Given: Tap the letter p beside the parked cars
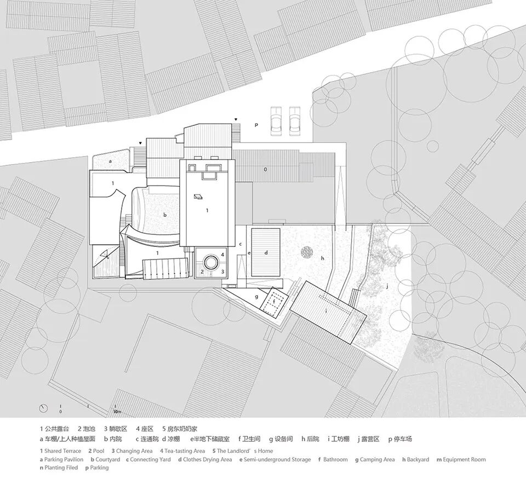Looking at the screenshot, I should click(x=255, y=125).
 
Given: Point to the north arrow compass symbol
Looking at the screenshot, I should click(x=42, y=408).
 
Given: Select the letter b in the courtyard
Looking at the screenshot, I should click(x=164, y=216).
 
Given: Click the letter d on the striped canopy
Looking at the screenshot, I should click(x=266, y=253).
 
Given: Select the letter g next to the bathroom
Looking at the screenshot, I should click(x=256, y=296).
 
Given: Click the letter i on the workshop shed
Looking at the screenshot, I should click(x=327, y=311).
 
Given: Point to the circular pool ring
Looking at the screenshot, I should click(x=210, y=260).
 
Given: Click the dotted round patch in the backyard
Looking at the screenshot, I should click(x=305, y=252).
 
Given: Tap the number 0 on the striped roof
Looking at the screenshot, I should click(x=265, y=170).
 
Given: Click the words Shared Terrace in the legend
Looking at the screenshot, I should click(x=62, y=451).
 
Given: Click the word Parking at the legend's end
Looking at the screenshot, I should click(x=99, y=468).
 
